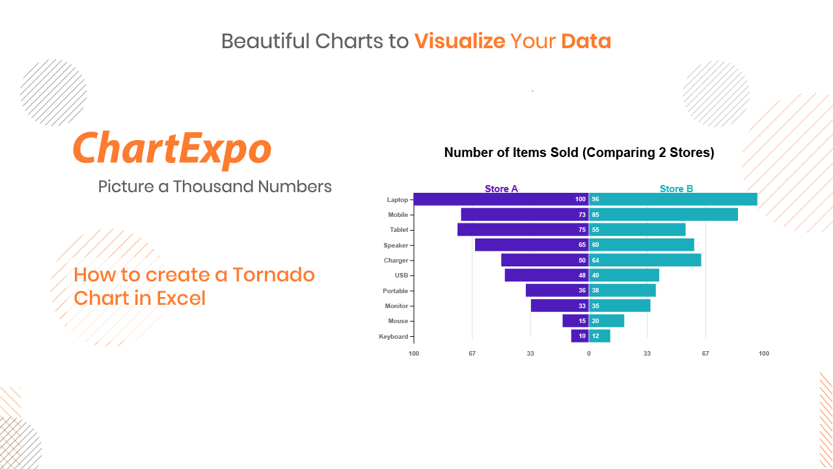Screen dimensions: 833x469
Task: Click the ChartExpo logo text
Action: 172,149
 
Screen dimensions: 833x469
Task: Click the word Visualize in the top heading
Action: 460,41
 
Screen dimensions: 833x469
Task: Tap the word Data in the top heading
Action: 586,41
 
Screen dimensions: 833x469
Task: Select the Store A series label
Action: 501,189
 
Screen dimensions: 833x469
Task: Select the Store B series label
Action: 676,189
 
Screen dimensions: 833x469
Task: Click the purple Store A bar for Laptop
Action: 501,199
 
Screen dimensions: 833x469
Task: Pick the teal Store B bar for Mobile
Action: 663,214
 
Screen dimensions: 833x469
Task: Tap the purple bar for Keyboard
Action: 580,335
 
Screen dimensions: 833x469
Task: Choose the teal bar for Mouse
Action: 607,320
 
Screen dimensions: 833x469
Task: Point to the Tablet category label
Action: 399,230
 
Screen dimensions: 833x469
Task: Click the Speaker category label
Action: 396,246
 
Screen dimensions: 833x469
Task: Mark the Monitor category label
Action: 396,306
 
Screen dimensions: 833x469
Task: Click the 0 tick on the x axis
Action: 589,353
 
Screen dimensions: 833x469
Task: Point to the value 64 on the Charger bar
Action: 595,260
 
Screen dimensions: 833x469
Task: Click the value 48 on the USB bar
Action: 582,276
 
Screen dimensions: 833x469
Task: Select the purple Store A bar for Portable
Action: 557,291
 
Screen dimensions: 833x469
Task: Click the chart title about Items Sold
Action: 579,152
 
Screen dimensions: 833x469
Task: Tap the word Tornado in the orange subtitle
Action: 274,275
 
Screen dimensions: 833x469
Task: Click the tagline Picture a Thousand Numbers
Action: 215,186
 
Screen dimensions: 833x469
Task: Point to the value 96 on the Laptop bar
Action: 595,199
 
